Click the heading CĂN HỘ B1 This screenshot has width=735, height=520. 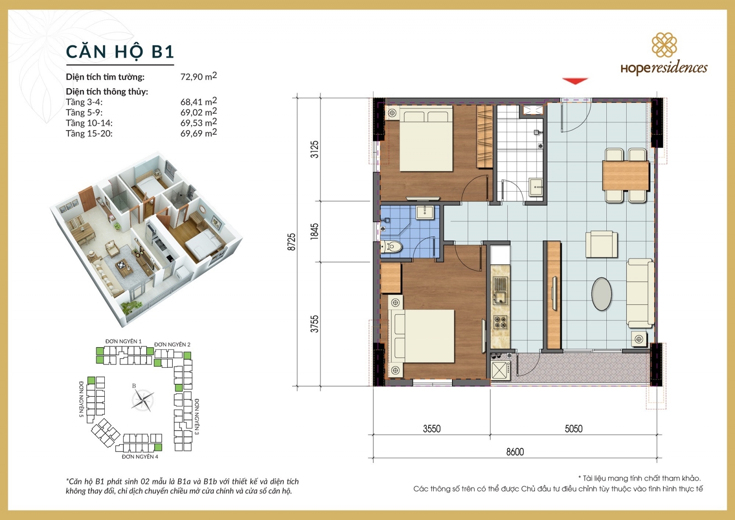tap(120, 51)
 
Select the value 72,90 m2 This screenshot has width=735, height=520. tap(198, 76)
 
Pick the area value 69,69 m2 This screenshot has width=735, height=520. tap(198, 133)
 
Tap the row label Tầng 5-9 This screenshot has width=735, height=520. tap(84, 113)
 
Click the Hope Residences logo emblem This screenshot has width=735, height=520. tap(664, 45)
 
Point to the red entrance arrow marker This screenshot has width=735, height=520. tap(575, 81)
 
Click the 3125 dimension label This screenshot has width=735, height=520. tap(314, 149)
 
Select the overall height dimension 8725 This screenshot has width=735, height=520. tap(291, 242)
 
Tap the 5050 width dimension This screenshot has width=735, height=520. tap(573, 429)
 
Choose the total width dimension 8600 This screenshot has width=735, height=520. tap(515, 452)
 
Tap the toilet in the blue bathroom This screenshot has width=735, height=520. tap(392, 247)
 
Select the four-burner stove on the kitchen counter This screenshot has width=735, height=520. tap(500, 322)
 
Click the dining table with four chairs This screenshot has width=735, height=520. tap(625, 175)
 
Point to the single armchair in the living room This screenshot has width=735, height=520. tap(601, 244)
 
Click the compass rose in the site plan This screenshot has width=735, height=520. tap(143, 400)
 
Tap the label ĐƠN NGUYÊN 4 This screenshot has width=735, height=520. tap(140, 457)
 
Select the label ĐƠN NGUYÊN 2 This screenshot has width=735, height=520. tap(172, 344)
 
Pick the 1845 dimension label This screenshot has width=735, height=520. tap(314, 231)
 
